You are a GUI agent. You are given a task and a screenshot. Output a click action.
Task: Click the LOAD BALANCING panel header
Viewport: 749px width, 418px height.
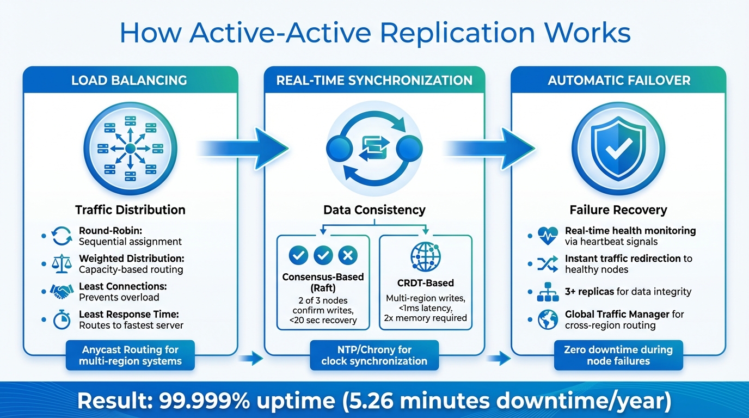pyautogui.click(x=130, y=81)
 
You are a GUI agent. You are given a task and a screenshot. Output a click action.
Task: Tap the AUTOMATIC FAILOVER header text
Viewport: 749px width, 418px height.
pyautogui.click(x=619, y=81)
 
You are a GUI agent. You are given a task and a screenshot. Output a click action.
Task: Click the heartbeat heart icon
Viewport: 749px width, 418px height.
pyautogui.click(x=548, y=236)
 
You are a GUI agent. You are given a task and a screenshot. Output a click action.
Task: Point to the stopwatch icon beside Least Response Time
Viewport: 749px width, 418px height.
pyautogui.click(x=61, y=319)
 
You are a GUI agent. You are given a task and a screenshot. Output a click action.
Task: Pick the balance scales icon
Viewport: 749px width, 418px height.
pyautogui.click(x=61, y=264)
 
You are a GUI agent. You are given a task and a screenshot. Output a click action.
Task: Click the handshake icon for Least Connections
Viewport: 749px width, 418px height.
pyautogui.click(x=61, y=292)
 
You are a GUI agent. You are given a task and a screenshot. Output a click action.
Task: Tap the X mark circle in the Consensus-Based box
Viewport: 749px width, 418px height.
pyautogui.click(x=347, y=254)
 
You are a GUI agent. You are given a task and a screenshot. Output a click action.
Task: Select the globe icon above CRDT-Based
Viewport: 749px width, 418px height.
pyautogui.click(x=426, y=254)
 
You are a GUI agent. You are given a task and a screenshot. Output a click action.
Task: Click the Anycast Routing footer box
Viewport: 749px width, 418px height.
pyautogui.click(x=130, y=355)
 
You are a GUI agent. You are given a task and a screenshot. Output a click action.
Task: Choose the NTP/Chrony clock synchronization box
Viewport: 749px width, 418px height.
pyautogui.click(x=374, y=355)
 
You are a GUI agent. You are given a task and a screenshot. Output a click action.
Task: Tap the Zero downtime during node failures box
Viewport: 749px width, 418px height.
pyautogui.click(x=618, y=355)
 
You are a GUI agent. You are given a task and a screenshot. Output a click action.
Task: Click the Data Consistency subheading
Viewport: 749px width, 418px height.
pyautogui.click(x=374, y=210)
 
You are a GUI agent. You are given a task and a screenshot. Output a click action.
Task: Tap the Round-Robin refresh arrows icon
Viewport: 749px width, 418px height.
pyautogui.click(x=61, y=236)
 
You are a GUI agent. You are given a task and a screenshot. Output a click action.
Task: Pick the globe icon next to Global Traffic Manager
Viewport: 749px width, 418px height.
pyautogui.click(x=548, y=319)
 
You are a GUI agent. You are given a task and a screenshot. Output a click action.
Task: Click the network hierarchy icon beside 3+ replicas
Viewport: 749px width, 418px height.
pyautogui.click(x=548, y=292)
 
